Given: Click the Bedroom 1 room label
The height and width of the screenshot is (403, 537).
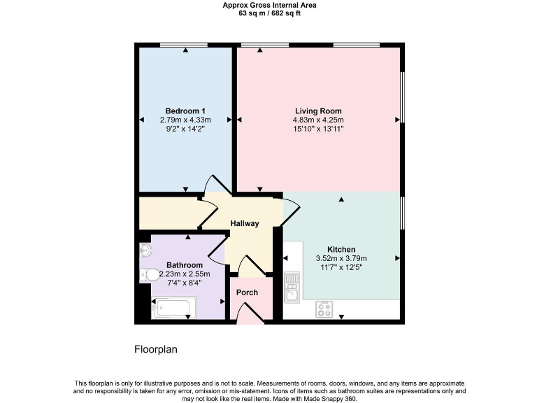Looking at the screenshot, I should pyautogui.click(x=185, y=111).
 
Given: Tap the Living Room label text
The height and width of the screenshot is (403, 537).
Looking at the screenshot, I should pyautogui.click(x=318, y=111).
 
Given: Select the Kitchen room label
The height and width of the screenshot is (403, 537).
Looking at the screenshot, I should pyautogui.click(x=341, y=249).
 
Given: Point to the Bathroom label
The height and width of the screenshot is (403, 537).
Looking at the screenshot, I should pyautogui.click(x=185, y=265).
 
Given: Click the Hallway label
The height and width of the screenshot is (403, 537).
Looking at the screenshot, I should pyautogui.click(x=245, y=224).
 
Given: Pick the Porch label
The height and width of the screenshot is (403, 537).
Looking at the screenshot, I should pyautogui.click(x=247, y=292).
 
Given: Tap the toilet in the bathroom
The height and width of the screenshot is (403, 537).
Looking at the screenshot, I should pyautogui.click(x=148, y=274).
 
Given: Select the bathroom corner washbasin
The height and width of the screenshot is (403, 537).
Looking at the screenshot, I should pyautogui.click(x=145, y=250).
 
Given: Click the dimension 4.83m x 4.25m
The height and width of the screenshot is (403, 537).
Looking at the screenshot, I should pyautogui.click(x=318, y=120).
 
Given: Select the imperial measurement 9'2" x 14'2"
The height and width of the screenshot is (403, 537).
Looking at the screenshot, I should pyautogui.click(x=185, y=129).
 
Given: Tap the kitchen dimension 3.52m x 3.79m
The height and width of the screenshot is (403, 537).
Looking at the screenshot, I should pyautogui.click(x=341, y=258).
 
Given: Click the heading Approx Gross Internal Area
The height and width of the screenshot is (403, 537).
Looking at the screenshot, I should pyautogui.click(x=269, y=5).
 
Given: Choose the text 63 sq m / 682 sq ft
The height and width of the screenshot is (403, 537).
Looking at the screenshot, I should pyautogui.click(x=269, y=13).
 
